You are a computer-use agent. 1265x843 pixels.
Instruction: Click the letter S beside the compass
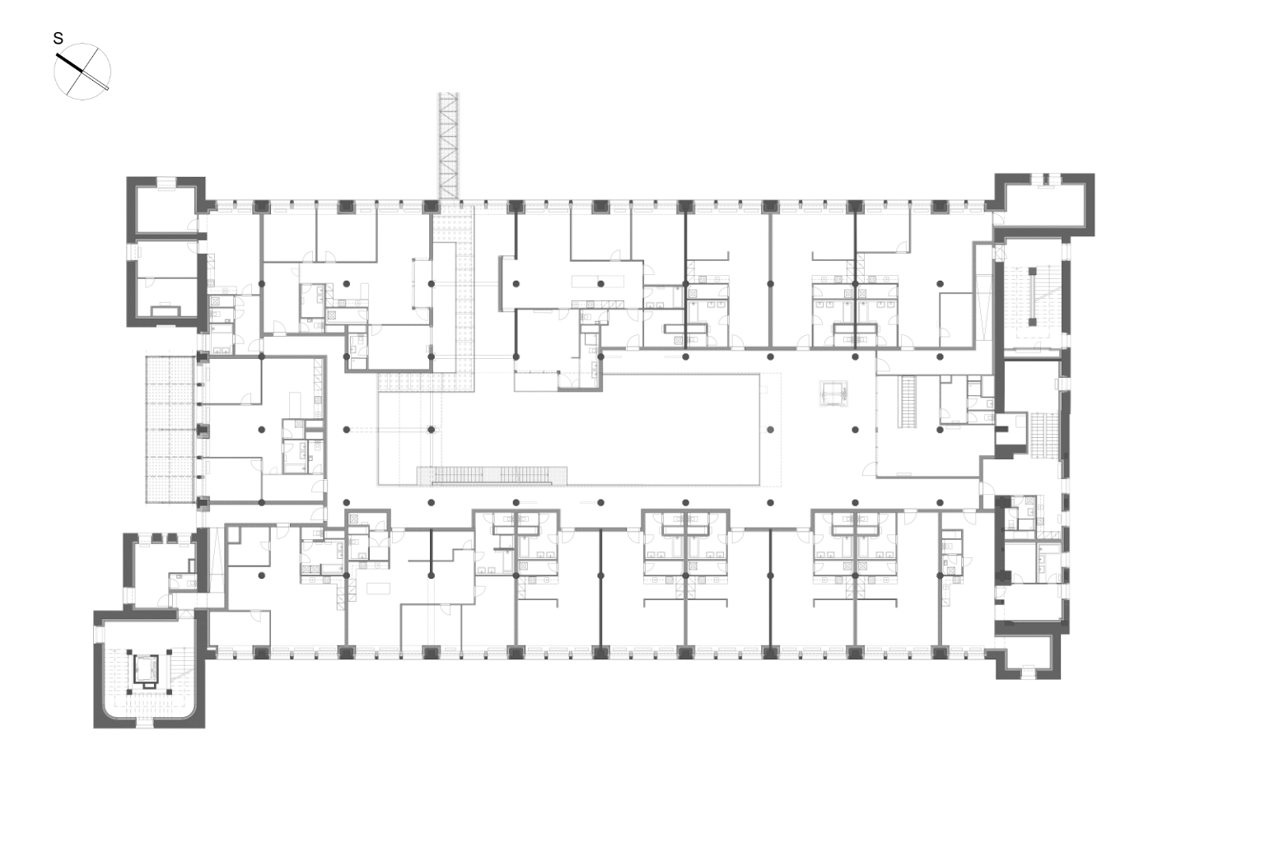58,39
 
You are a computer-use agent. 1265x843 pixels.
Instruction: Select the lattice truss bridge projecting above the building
449,146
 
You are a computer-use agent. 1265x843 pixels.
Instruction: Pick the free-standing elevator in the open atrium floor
834,394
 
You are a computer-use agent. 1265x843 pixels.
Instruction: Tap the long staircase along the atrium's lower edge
492,476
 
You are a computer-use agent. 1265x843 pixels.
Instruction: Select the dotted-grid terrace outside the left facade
170,429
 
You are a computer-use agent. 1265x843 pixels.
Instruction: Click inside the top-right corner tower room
1045,204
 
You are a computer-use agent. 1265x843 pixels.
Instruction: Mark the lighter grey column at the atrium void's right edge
770,430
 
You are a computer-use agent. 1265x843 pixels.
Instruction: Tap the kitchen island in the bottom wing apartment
378,589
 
